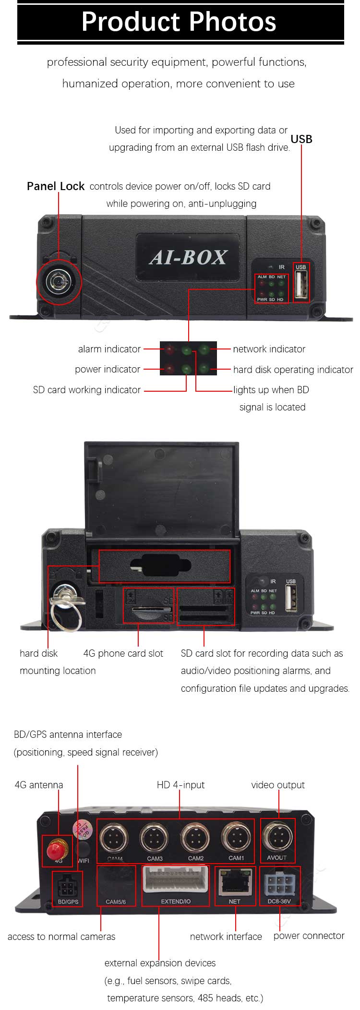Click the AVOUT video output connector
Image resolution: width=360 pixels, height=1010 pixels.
277,838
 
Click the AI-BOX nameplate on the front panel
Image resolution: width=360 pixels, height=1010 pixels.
188,257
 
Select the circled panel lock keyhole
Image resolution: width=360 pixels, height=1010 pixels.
59,282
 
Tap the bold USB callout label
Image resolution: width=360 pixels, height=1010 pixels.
301,139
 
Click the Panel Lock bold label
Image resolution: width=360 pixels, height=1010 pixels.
56,186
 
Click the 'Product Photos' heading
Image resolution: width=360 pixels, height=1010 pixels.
179,22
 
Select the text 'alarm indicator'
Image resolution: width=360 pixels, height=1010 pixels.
109,349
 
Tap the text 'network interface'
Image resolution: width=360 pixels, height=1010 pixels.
226,936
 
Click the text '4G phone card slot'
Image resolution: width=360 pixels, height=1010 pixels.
123,653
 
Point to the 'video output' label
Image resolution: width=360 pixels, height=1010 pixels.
278,785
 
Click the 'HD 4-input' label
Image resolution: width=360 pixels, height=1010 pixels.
180,785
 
